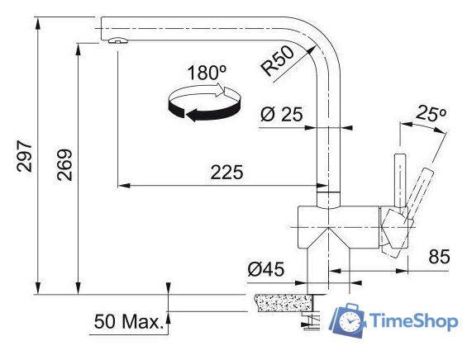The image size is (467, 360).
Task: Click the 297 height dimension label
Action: tap(24, 155)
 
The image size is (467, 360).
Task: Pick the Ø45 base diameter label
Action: tap(265, 269)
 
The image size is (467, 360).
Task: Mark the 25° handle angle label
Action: tap(431, 112)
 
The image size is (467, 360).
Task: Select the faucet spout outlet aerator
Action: tap(117, 41)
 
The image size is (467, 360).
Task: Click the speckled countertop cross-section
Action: tap(281, 304)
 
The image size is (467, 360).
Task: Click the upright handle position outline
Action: tap(399, 178)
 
